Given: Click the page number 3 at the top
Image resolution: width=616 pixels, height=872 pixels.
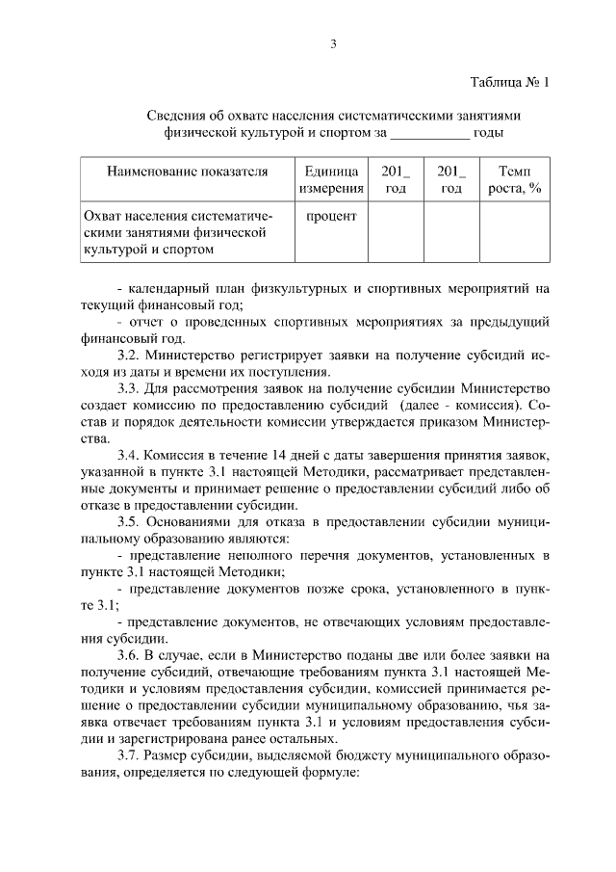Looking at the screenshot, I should click(331, 43).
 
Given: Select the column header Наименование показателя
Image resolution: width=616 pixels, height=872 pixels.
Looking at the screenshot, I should click(187, 172).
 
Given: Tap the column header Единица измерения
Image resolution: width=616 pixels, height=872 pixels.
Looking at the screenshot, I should click(331, 179).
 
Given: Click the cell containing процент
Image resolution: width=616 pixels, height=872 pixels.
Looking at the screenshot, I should click(331, 216).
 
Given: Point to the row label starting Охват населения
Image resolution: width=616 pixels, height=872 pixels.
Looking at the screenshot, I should click(173, 232).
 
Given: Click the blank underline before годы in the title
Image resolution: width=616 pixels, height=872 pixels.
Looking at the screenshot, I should click(429, 132).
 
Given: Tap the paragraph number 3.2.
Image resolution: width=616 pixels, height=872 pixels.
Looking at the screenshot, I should click(128, 355).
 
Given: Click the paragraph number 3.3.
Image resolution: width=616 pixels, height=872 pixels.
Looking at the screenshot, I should click(128, 389).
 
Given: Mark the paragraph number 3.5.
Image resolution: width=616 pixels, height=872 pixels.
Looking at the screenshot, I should click(128, 521).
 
